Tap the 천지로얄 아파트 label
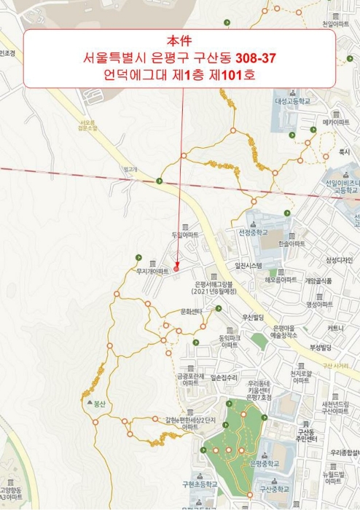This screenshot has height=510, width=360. [x=300, y=377]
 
